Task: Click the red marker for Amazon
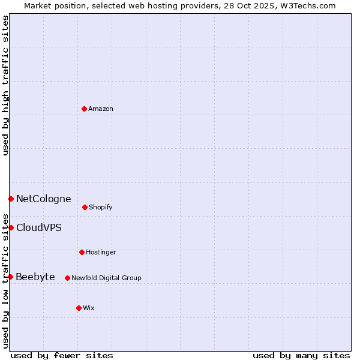click(85, 109)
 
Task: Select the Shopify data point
click(85, 207)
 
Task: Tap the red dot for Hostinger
click(82, 252)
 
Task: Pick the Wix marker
click(79, 308)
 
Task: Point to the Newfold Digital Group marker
click(67, 278)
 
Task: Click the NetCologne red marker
click(11, 199)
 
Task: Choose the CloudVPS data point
click(11, 227)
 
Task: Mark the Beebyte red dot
click(11, 277)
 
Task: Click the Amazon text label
click(101, 109)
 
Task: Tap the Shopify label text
click(101, 208)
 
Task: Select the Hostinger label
click(101, 253)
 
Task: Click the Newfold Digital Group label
click(106, 278)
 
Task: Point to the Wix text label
click(89, 308)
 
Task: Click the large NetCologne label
click(44, 199)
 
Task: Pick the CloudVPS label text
click(39, 228)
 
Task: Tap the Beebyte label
click(35, 277)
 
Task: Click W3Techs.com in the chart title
click(309, 6)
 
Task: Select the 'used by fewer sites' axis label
click(62, 356)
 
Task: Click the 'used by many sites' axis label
click(301, 356)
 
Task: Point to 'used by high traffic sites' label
click(6, 85)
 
